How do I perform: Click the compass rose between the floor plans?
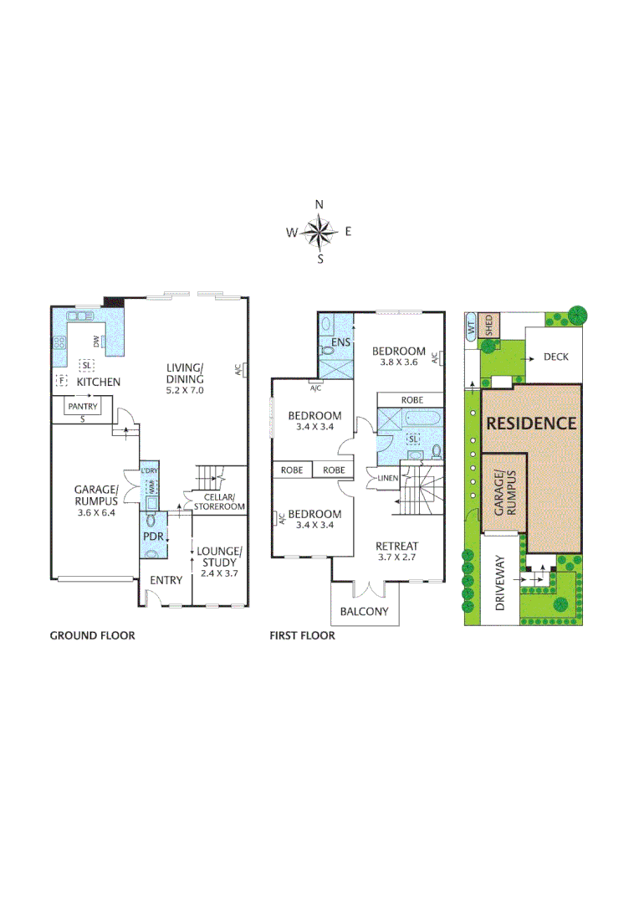(319, 232)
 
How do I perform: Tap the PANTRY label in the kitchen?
(83, 407)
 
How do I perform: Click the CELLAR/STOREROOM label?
(219, 501)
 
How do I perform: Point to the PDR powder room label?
(151, 536)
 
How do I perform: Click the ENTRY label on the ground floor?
(166, 580)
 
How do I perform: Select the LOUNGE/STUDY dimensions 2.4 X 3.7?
(218, 573)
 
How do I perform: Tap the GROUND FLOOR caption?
(92, 636)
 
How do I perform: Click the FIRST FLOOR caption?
(302, 636)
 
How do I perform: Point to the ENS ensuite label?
(340, 342)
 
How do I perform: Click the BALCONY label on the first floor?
(364, 611)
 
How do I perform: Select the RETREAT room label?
(397, 546)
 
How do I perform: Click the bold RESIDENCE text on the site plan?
(531, 423)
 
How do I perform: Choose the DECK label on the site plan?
(555, 357)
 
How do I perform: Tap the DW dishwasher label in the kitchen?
(97, 341)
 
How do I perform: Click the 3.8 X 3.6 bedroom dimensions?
(399, 362)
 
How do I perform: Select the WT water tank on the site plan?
(471, 327)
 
